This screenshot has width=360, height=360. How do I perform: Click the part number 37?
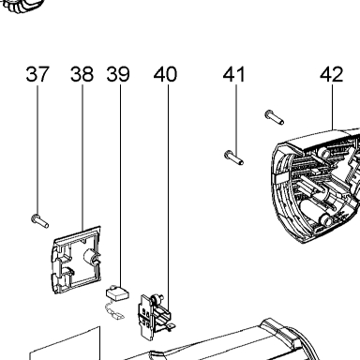pyautogui.click(x=37, y=74)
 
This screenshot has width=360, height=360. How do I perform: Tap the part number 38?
pyautogui.click(x=82, y=74)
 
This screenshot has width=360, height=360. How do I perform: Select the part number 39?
pyautogui.click(x=118, y=74)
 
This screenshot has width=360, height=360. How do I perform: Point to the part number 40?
pyautogui.click(x=165, y=74)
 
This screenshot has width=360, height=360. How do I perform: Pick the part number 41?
pyautogui.click(x=234, y=74)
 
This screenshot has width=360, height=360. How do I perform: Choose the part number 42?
pyautogui.click(x=332, y=74)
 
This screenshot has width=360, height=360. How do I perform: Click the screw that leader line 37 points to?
pyautogui.click(x=39, y=221)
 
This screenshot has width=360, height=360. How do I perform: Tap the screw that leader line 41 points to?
pyautogui.click(x=233, y=157)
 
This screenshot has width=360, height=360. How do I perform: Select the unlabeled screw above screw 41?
pyautogui.click(x=275, y=117)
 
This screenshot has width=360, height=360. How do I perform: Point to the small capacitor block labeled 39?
pyautogui.click(x=118, y=293)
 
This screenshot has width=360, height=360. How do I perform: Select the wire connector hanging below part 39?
pyautogui.click(x=114, y=312)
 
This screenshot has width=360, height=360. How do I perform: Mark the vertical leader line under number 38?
pyautogui.click(x=82, y=157)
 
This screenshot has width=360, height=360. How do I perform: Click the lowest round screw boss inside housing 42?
pyautogui.click(x=325, y=219)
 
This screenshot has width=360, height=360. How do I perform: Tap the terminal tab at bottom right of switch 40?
pyautogui.click(x=171, y=326)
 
